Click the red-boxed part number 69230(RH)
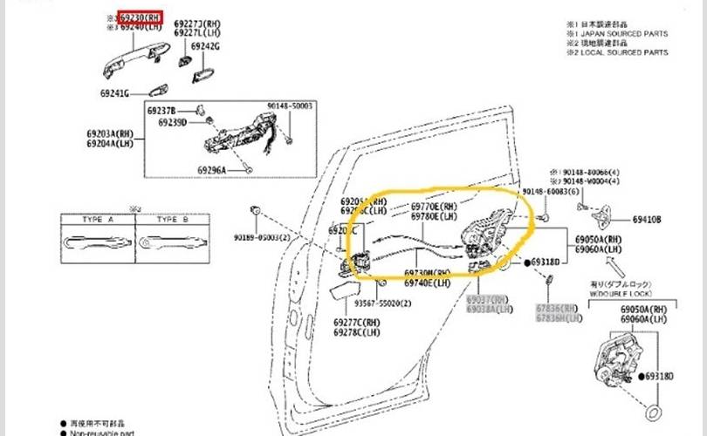[x=140, y=17]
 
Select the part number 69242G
[x=206, y=46]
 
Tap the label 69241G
[x=113, y=93]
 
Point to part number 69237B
[x=161, y=111]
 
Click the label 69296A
[x=211, y=170]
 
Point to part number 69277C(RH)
[x=358, y=323]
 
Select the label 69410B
[x=647, y=220]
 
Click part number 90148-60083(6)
[x=550, y=191]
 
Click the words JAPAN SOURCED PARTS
[x=627, y=34]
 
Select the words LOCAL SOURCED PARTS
[x=627, y=53]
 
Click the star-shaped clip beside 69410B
[x=601, y=218]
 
